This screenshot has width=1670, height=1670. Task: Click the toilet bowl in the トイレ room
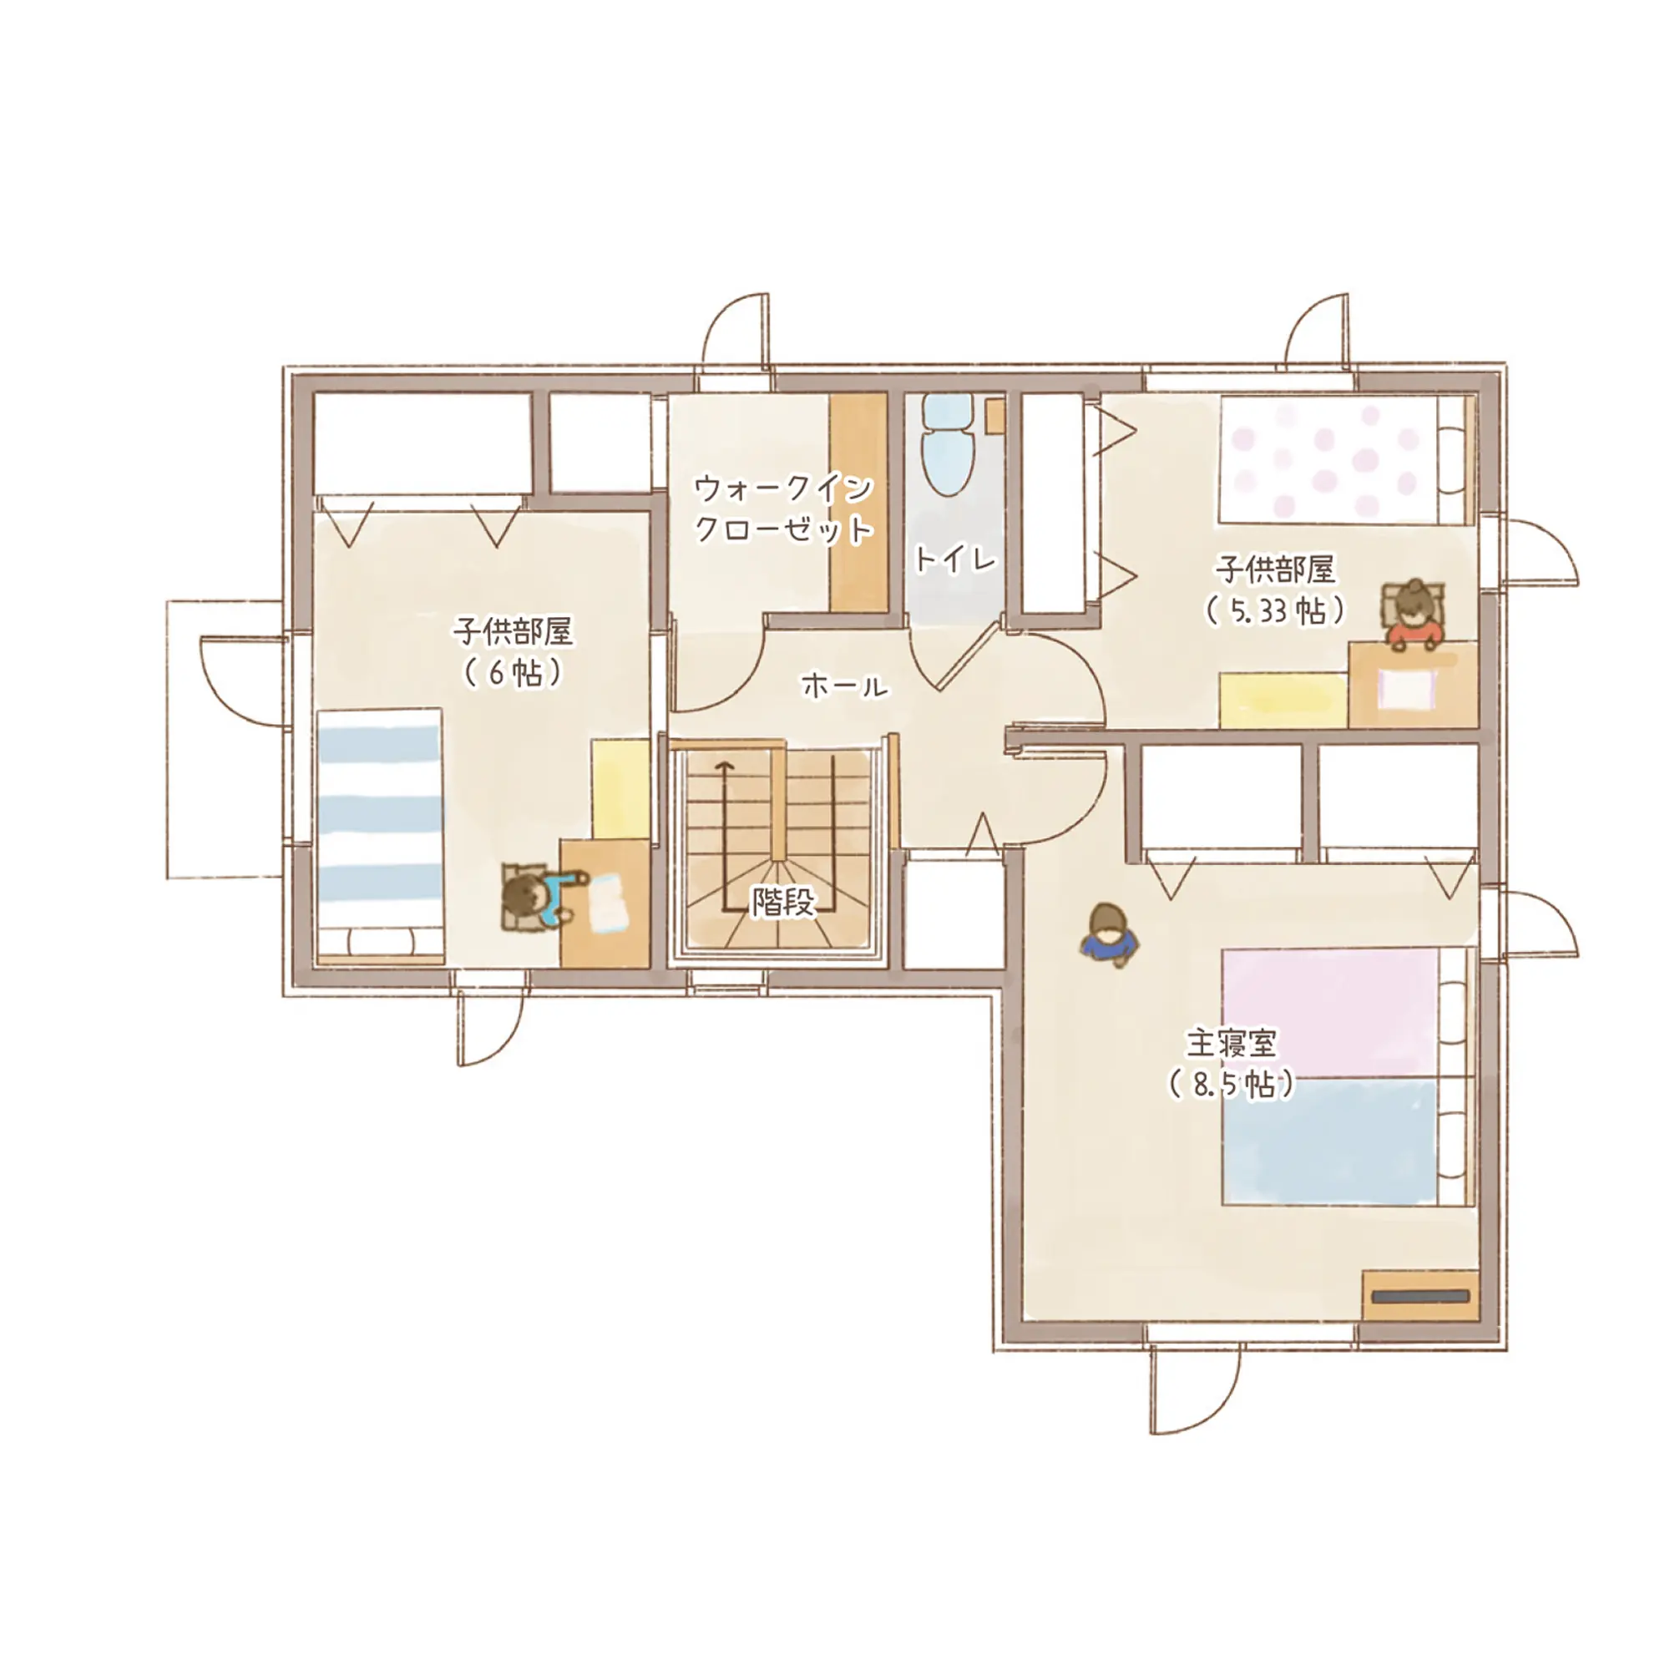(948, 444)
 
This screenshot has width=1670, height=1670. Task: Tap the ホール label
(844, 686)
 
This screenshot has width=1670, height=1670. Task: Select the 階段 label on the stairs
(783, 902)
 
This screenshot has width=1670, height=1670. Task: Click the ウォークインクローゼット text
(784, 510)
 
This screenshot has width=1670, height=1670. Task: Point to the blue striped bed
(380, 836)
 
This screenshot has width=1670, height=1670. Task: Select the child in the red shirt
(1414, 613)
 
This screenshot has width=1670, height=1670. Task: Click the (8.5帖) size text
(1231, 1085)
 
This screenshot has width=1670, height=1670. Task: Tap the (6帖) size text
(513, 672)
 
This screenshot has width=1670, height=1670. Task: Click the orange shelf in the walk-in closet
(858, 503)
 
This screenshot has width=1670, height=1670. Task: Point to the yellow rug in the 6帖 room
(620, 788)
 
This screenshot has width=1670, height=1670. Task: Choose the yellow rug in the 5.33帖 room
(1283, 699)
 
